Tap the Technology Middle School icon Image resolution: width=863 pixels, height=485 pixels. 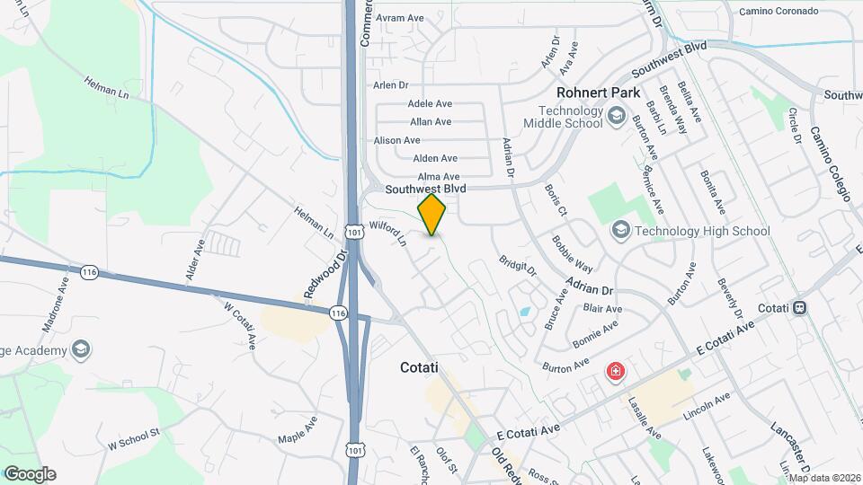pos(617,115)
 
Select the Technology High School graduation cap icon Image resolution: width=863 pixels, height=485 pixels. pos(619,231)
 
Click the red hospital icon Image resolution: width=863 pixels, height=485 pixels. pos(616,371)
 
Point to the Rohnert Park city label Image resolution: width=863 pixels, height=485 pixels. pos(598,93)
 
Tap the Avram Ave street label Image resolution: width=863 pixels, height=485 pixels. pos(400,17)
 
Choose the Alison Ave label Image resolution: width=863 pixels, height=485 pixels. pos(396,140)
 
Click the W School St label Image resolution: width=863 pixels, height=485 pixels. pos(133,438)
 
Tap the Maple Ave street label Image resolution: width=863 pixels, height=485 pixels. pos(298,428)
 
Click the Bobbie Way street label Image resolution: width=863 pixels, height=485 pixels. pos(573,254)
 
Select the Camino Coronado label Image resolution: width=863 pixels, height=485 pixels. pos(778,12)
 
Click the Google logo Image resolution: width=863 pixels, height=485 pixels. pos(30,474)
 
